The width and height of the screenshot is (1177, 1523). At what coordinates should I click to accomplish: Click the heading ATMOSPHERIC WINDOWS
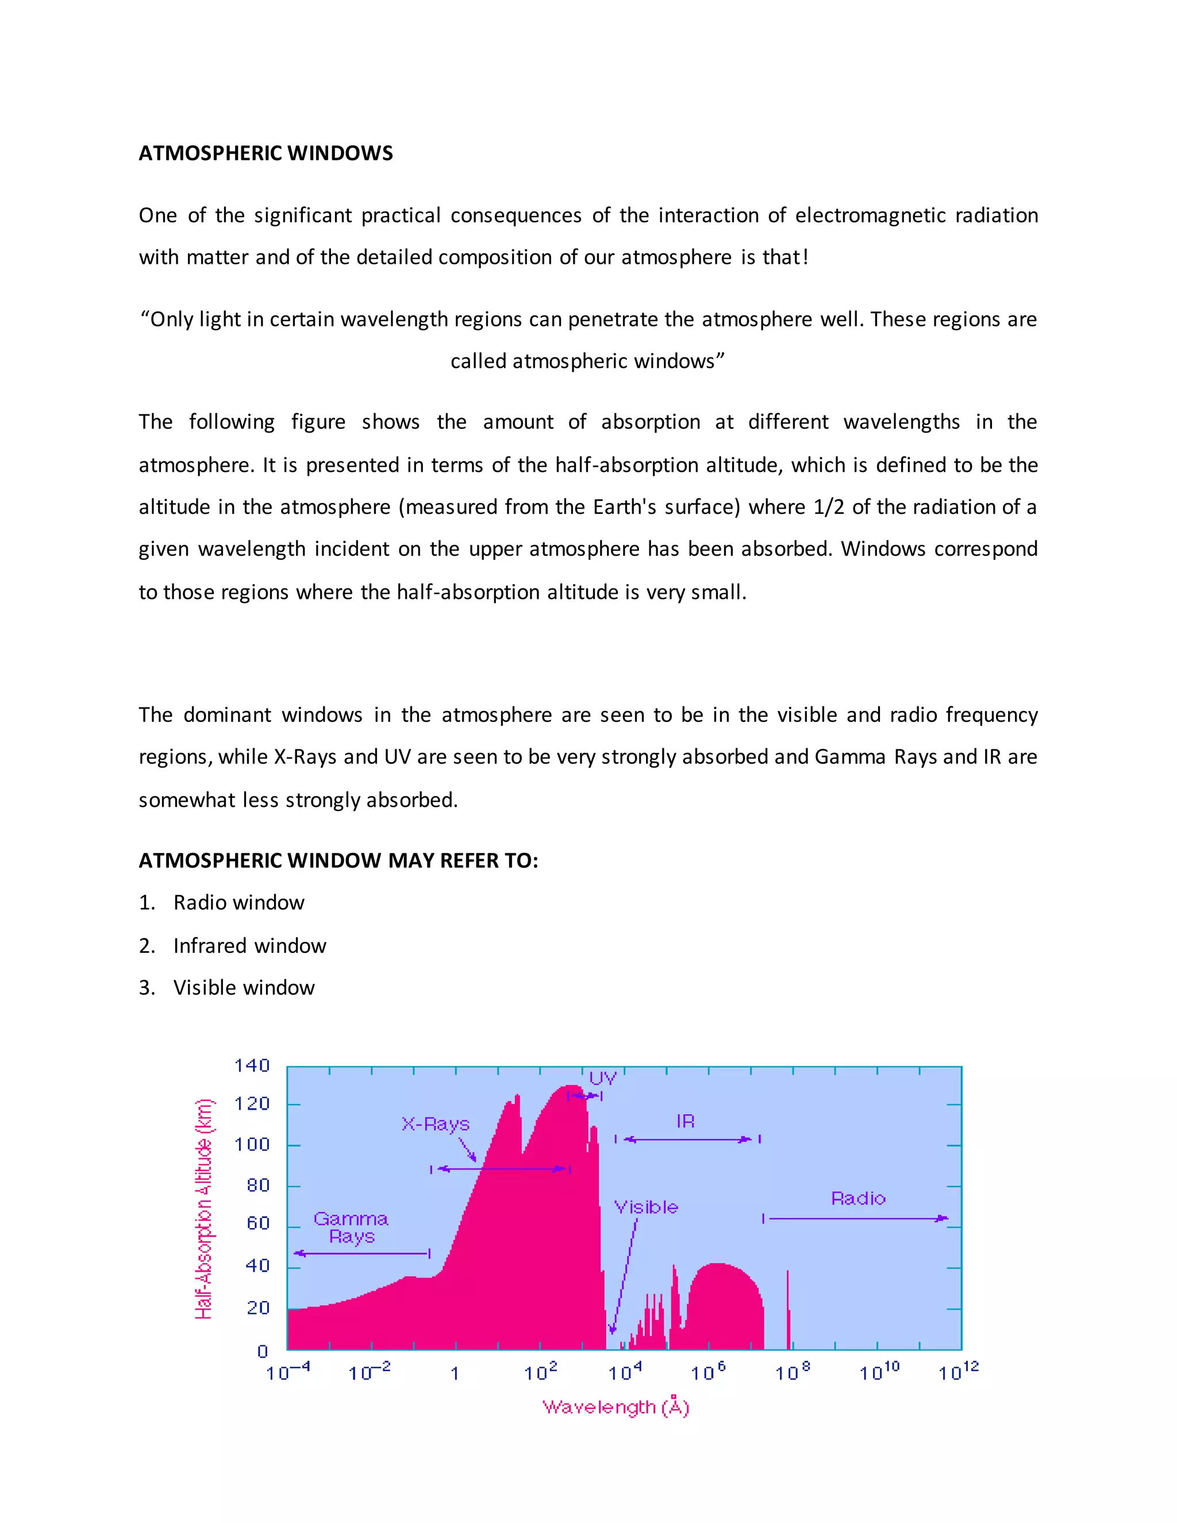(x=266, y=153)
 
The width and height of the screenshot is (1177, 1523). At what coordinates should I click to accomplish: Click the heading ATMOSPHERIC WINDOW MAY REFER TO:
(x=338, y=860)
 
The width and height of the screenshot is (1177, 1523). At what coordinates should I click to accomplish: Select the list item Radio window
(x=239, y=902)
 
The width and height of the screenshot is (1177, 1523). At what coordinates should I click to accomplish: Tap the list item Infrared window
(x=249, y=945)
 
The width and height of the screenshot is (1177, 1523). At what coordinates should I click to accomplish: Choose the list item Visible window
(x=244, y=987)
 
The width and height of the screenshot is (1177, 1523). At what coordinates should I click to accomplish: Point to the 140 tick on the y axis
(x=252, y=1066)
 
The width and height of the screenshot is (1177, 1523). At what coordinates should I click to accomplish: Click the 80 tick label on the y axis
(x=258, y=1186)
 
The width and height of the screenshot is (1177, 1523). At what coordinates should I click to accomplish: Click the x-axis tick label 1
(x=455, y=1374)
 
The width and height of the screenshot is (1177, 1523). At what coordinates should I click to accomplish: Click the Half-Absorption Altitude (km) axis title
(x=203, y=1209)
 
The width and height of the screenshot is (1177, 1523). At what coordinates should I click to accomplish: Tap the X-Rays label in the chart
(x=435, y=1124)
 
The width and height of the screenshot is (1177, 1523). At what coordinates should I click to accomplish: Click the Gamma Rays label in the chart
(x=351, y=1228)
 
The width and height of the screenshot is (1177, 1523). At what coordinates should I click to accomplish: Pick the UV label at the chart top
(x=602, y=1079)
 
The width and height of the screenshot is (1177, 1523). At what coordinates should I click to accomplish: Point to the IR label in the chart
(x=686, y=1121)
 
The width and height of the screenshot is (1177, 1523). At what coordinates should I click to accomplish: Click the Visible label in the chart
(x=645, y=1207)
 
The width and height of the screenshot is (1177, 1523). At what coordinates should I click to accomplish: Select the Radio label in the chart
(x=859, y=1199)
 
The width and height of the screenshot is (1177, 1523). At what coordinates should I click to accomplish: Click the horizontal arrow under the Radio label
(x=857, y=1218)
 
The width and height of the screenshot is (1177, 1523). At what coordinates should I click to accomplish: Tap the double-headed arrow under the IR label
(x=687, y=1140)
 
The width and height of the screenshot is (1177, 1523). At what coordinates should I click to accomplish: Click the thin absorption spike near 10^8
(x=788, y=1311)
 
